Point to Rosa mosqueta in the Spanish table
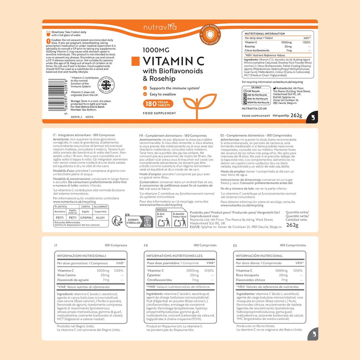coord(248,274)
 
